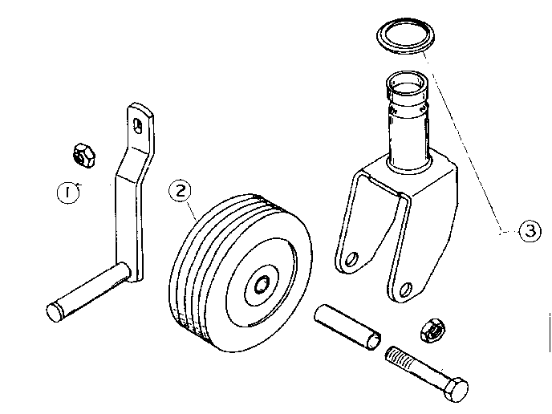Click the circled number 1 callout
pyautogui.click(x=70, y=193)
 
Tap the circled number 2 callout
pyautogui.click(x=181, y=190)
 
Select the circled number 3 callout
pyautogui.click(x=526, y=232)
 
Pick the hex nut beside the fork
pyautogui.click(x=433, y=329)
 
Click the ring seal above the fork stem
pyautogui.click(x=406, y=37)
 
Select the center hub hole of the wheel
pyautogui.click(x=262, y=284)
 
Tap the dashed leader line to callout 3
pyautogui.click(x=465, y=136)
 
